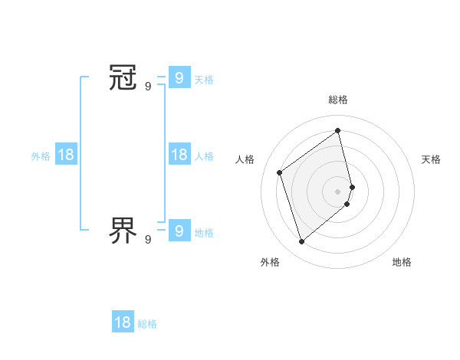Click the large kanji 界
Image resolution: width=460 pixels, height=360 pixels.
[x=123, y=228]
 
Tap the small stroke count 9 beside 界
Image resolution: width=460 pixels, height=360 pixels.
[x=148, y=239]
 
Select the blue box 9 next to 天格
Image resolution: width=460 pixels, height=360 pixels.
[x=179, y=77]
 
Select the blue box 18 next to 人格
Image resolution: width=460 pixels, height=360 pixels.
[x=179, y=155]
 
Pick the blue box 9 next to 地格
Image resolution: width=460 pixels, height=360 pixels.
[x=179, y=230]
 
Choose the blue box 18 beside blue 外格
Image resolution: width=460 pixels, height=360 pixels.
[x=66, y=155]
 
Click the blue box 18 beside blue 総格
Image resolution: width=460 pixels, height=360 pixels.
[x=123, y=322]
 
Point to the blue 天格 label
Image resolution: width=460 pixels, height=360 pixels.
[x=204, y=80]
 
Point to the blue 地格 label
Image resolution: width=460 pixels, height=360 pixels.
[x=204, y=233]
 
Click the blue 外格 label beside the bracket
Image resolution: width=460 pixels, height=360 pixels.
[x=41, y=156]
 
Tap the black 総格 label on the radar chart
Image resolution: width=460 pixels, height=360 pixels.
[x=338, y=100]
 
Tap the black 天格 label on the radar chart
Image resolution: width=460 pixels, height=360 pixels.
[x=432, y=159]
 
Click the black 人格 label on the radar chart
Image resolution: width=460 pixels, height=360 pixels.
[x=245, y=159]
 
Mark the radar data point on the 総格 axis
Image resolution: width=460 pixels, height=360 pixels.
[x=338, y=130]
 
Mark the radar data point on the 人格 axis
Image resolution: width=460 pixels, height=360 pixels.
[x=280, y=172]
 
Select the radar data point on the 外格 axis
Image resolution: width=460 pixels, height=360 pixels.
[x=302, y=242]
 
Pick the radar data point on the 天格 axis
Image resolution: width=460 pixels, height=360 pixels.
[x=352, y=186]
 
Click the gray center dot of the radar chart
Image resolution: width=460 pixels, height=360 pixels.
[x=338, y=191]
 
